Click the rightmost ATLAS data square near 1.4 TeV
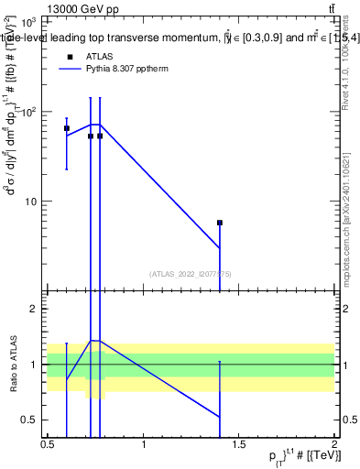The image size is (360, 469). (x=220, y=223)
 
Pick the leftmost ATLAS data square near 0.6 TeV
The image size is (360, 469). (x=67, y=128)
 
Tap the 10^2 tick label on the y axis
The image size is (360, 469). (x=27, y=112)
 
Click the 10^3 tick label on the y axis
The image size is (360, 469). (x=27, y=22)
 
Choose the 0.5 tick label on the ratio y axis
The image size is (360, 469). (x=33, y=420)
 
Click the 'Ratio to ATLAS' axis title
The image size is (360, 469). (x=13, y=364)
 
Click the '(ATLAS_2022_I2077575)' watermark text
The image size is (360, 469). (x=191, y=273)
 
